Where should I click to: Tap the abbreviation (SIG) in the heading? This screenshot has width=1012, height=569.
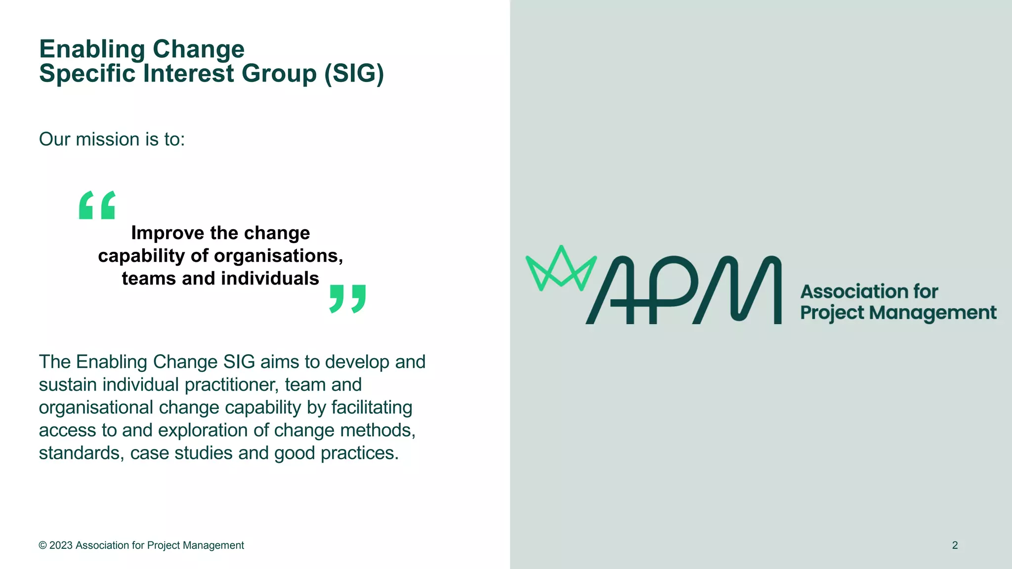click(x=354, y=74)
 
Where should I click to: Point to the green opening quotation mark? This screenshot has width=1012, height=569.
click(x=97, y=205)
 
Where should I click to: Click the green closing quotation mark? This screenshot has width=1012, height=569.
click(x=348, y=298)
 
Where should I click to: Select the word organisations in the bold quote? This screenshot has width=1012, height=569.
click(x=278, y=256)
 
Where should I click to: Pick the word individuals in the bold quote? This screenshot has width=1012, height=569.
click(x=270, y=279)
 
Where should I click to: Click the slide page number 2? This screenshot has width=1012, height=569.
click(x=955, y=545)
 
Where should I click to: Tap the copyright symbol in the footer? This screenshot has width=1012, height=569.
click(x=42, y=545)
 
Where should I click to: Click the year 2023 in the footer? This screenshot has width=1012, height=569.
click(x=61, y=545)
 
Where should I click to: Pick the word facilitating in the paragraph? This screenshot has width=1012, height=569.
click(x=372, y=407)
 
